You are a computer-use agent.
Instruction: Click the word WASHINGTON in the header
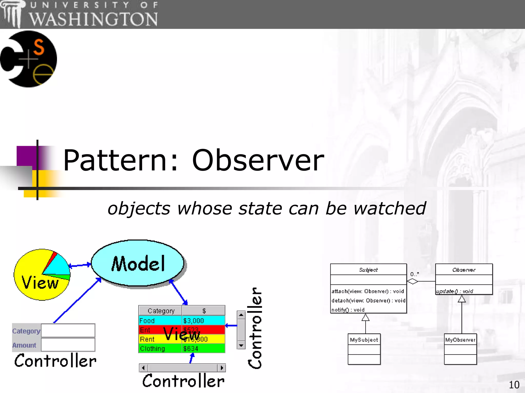coord(93,19)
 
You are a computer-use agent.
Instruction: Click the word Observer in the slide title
coord(258,160)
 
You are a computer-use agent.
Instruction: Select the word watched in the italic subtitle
coord(389,208)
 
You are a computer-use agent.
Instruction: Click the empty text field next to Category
coord(68,331)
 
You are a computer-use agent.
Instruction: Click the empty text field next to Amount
coord(68,345)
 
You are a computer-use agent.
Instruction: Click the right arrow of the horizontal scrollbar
coord(222,368)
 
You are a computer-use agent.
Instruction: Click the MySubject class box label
coord(364,340)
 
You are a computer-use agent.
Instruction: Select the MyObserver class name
coord(460,340)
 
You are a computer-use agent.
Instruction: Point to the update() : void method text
coord(455,291)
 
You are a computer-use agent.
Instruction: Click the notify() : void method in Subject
coord(348,310)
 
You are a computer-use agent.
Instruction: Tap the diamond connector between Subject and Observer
coord(412,281)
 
